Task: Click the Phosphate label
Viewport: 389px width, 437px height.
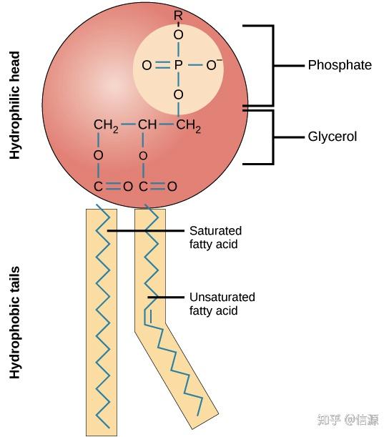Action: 339,65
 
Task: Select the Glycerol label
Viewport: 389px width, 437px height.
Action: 332,137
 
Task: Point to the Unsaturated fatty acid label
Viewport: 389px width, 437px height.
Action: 222,304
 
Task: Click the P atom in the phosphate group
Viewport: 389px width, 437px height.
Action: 178,65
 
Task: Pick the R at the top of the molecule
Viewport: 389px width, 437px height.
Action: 178,15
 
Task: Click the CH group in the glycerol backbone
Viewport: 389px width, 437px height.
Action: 147,126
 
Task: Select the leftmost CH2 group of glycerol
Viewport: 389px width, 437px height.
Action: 105,127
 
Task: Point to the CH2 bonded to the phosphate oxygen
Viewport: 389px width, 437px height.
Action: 188,127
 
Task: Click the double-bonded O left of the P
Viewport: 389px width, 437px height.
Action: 147,65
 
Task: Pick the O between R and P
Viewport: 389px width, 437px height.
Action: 178,34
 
